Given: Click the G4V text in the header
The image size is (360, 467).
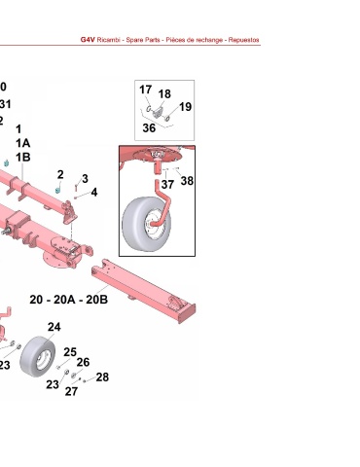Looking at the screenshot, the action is [88, 40].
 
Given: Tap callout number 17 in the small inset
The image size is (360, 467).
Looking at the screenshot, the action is [146, 90].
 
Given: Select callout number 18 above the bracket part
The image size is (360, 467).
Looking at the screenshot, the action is [164, 94].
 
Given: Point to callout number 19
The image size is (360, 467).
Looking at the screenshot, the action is [185, 107].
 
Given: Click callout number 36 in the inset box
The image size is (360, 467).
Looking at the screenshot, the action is [149, 128].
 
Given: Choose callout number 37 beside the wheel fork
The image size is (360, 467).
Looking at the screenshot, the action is [167, 185].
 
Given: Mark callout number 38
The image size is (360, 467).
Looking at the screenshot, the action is [187, 181].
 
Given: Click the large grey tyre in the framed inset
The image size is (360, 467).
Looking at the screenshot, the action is [139, 224].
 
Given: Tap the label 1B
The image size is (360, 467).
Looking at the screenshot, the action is [23, 158].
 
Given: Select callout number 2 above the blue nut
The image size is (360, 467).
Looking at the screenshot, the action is [60, 175].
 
